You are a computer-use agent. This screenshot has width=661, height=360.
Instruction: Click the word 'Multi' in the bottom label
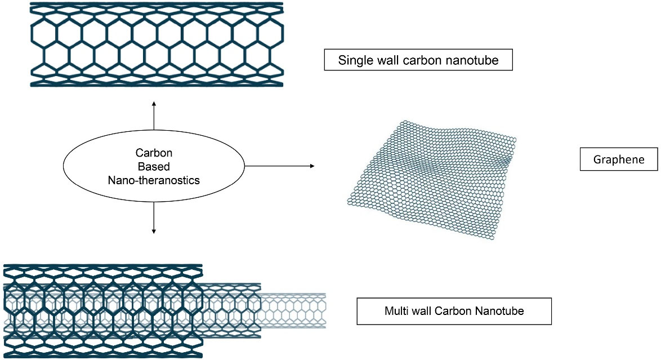pyautogui.click(x=397, y=310)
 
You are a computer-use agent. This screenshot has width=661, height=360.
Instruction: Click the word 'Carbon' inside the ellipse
pyautogui.click(x=153, y=153)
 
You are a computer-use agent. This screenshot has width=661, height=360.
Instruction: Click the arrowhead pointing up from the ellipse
pyautogui.click(x=154, y=104)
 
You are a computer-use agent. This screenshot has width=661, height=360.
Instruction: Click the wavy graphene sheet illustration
pyautogui.click(x=431, y=180)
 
